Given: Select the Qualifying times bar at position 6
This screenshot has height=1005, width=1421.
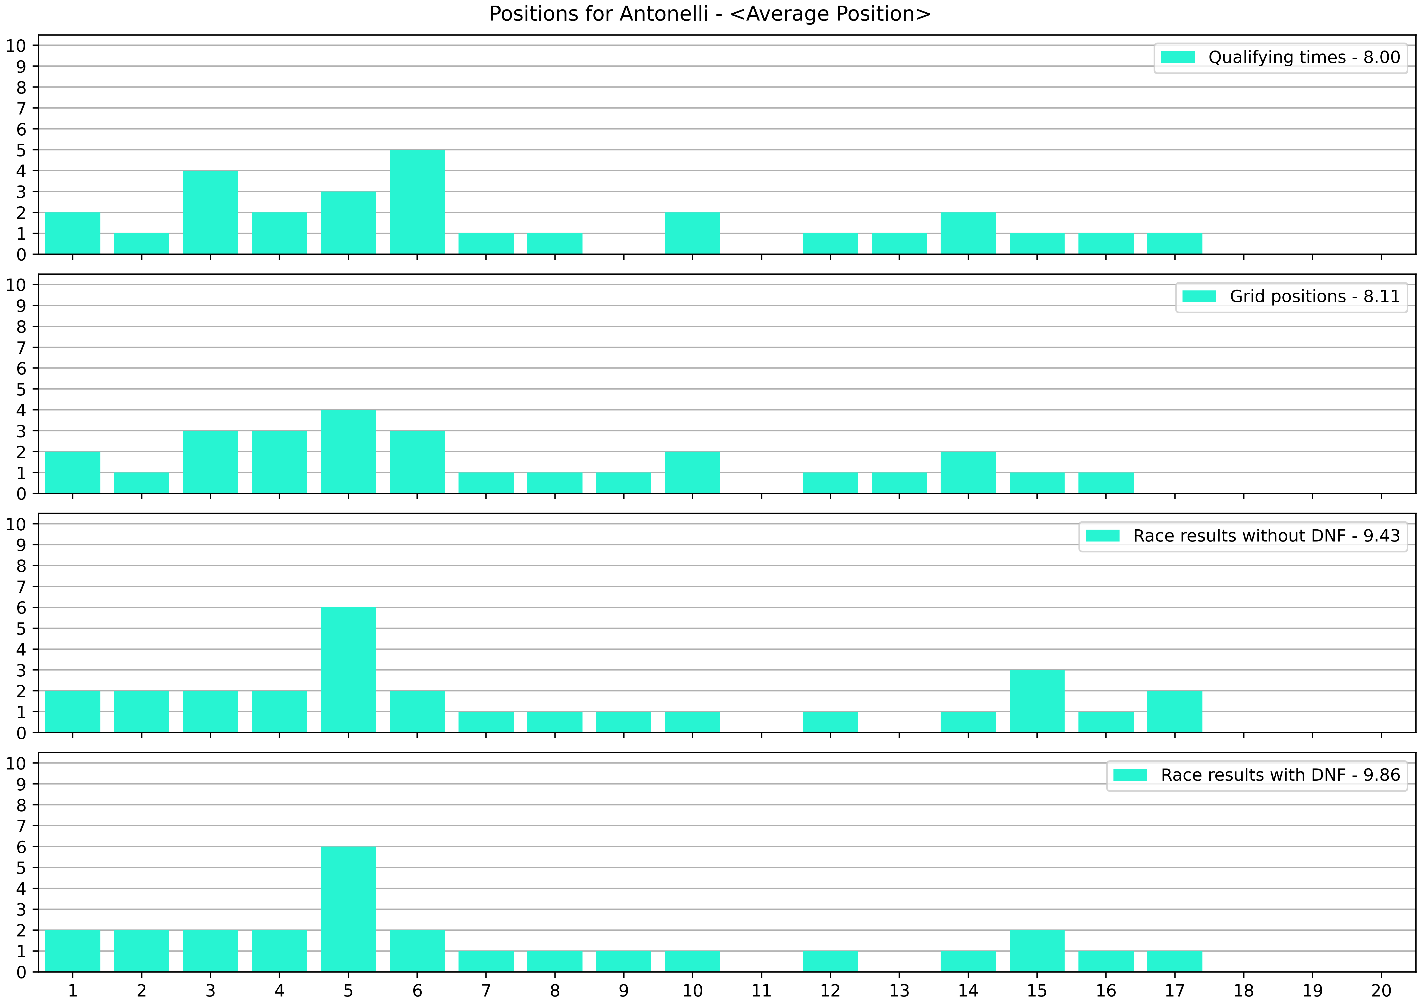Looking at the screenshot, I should [x=417, y=202].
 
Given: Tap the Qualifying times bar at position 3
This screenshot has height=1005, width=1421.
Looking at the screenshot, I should [x=211, y=212].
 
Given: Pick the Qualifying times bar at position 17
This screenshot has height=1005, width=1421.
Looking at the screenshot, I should [x=1175, y=244].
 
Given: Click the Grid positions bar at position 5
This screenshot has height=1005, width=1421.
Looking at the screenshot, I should [x=348, y=452].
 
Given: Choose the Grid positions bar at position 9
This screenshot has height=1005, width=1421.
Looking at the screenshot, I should [x=624, y=483].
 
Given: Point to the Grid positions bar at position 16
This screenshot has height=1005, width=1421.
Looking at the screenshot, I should [x=1106, y=483].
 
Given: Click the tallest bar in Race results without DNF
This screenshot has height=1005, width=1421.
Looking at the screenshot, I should [x=348, y=670].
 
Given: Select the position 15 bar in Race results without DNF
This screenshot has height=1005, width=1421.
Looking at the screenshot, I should [x=1037, y=701].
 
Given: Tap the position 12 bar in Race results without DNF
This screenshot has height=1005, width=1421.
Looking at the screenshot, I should [x=830, y=722].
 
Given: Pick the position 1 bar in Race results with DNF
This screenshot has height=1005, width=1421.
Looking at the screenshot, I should [x=73, y=951].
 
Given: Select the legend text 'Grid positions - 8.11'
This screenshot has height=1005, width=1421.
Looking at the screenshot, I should [x=1315, y=297].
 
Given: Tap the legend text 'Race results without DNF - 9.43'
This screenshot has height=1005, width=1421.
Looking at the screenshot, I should [x=1266, y=536].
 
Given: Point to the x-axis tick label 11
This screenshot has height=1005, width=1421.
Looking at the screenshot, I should [x=761, y=991].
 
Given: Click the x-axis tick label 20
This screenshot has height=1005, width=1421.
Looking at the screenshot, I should [x=1381, y=991].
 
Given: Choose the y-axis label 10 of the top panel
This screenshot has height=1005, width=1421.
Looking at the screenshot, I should [x=16, y=46].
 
